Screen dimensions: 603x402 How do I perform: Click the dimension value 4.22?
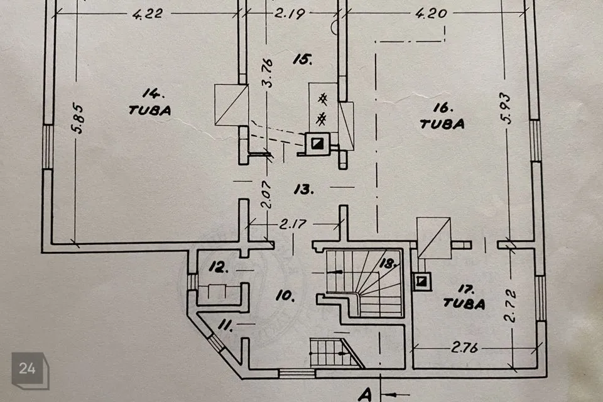tap(148, 14)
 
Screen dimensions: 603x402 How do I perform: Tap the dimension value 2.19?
tap(290, 14)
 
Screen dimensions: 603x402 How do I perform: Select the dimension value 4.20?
tap(431, 14)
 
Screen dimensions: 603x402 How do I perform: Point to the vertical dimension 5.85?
tap(78, 117)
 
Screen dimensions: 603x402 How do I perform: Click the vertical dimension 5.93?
tap(506, 108)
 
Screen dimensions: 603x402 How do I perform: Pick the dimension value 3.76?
tap(266, 73)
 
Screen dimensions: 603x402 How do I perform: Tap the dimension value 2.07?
tap(266, 195)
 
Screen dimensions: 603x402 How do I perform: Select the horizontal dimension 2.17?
tap(293, 224)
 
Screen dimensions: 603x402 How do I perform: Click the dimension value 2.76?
tap(464, 348)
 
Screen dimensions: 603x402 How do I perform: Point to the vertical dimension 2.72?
tap(510, 306)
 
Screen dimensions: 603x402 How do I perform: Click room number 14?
tap(153, 94)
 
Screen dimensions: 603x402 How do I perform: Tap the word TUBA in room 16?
tap(442, 124)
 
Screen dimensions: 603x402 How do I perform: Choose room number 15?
tap(302, 59)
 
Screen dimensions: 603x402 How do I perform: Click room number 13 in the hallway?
tap(304, 189)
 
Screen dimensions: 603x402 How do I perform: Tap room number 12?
tap(219, 267)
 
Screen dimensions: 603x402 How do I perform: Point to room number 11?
tap(225, 326)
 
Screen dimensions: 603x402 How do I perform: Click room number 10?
tap(285, 295)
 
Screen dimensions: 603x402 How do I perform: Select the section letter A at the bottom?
tap(366, 394)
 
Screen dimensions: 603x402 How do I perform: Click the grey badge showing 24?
tap(30, 369)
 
